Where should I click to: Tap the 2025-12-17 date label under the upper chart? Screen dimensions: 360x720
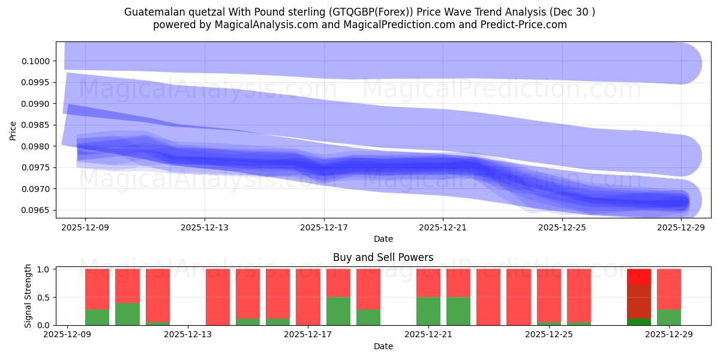click(324, 228)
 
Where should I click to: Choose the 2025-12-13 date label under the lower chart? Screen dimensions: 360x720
click(188, 335)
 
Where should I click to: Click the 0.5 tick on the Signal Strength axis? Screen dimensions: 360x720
click(44, 297)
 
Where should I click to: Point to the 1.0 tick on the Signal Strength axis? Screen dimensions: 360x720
click(44, 269)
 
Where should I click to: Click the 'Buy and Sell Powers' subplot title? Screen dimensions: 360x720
click(383, 257)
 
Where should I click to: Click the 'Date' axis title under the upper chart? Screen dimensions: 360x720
click(383, 239)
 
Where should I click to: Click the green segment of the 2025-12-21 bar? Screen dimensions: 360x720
click(428, 311)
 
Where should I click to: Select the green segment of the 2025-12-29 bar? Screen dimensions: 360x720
click(669, 317)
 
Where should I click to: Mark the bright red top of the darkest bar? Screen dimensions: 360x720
click(639, 277)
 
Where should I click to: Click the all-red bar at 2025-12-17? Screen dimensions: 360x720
click(308, 297)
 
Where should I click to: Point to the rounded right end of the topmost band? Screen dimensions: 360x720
click(690, 63)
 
